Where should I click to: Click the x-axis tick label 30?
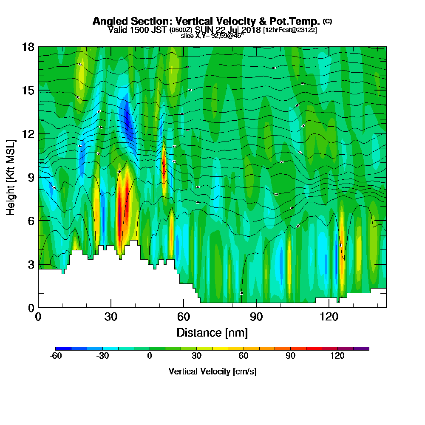(x=111, y=317)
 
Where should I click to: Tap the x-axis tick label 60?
(x=183, y=317)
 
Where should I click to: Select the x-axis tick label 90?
(x=256, y=317)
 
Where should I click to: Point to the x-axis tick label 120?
(x=328, y=317)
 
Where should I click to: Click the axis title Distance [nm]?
(x=212, y=332)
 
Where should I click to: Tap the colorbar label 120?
(x=337, y=356)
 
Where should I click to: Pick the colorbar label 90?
(x=290, y=356)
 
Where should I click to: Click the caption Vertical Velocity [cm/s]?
(x=212, y=371)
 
